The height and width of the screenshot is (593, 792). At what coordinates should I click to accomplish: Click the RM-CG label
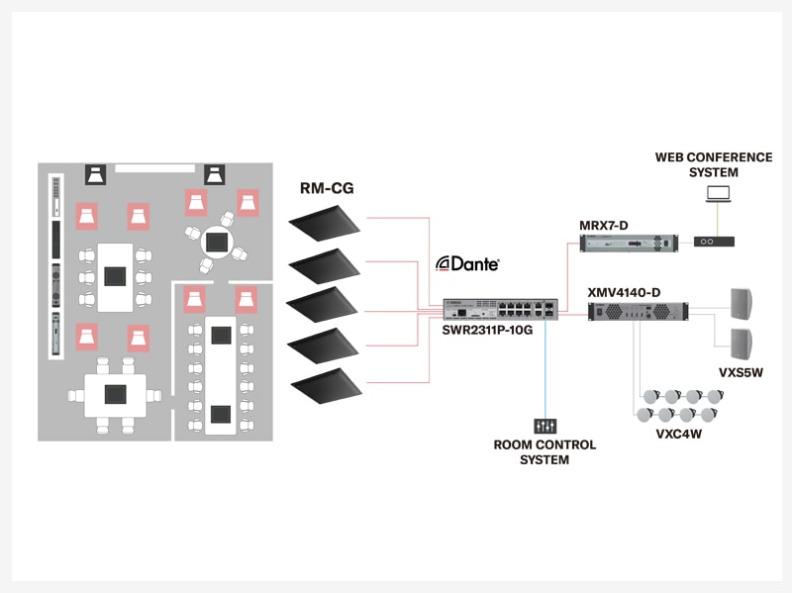coord(326,188)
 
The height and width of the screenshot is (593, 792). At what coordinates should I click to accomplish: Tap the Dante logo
coord(468,264)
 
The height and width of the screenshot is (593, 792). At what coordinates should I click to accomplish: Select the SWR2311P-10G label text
coord(488,329)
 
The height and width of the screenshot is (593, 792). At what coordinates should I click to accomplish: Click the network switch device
coord(488,308)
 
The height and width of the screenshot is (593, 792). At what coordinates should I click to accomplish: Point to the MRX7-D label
coord(605,225)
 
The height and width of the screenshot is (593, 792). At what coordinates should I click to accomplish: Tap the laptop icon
coord(718,195)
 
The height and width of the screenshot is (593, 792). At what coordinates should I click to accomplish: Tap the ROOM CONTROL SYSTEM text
coord(544,452)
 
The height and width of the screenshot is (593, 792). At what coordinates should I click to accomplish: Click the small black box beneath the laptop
coord(715,241)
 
